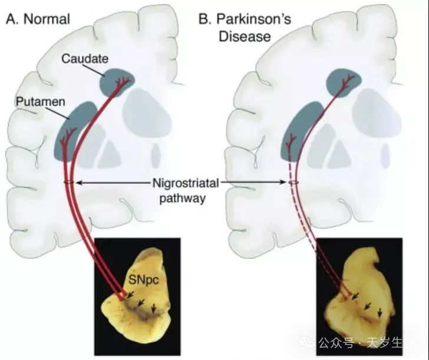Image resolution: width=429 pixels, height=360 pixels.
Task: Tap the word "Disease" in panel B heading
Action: click(245, 37)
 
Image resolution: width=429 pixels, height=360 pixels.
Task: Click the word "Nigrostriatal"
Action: click(185, 184)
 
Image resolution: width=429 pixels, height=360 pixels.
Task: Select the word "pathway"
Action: click(185, 198)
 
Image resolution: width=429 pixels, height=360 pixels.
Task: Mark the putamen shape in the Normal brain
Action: click(77, 130)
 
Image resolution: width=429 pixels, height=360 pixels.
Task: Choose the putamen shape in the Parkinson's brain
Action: click(298, 133)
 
